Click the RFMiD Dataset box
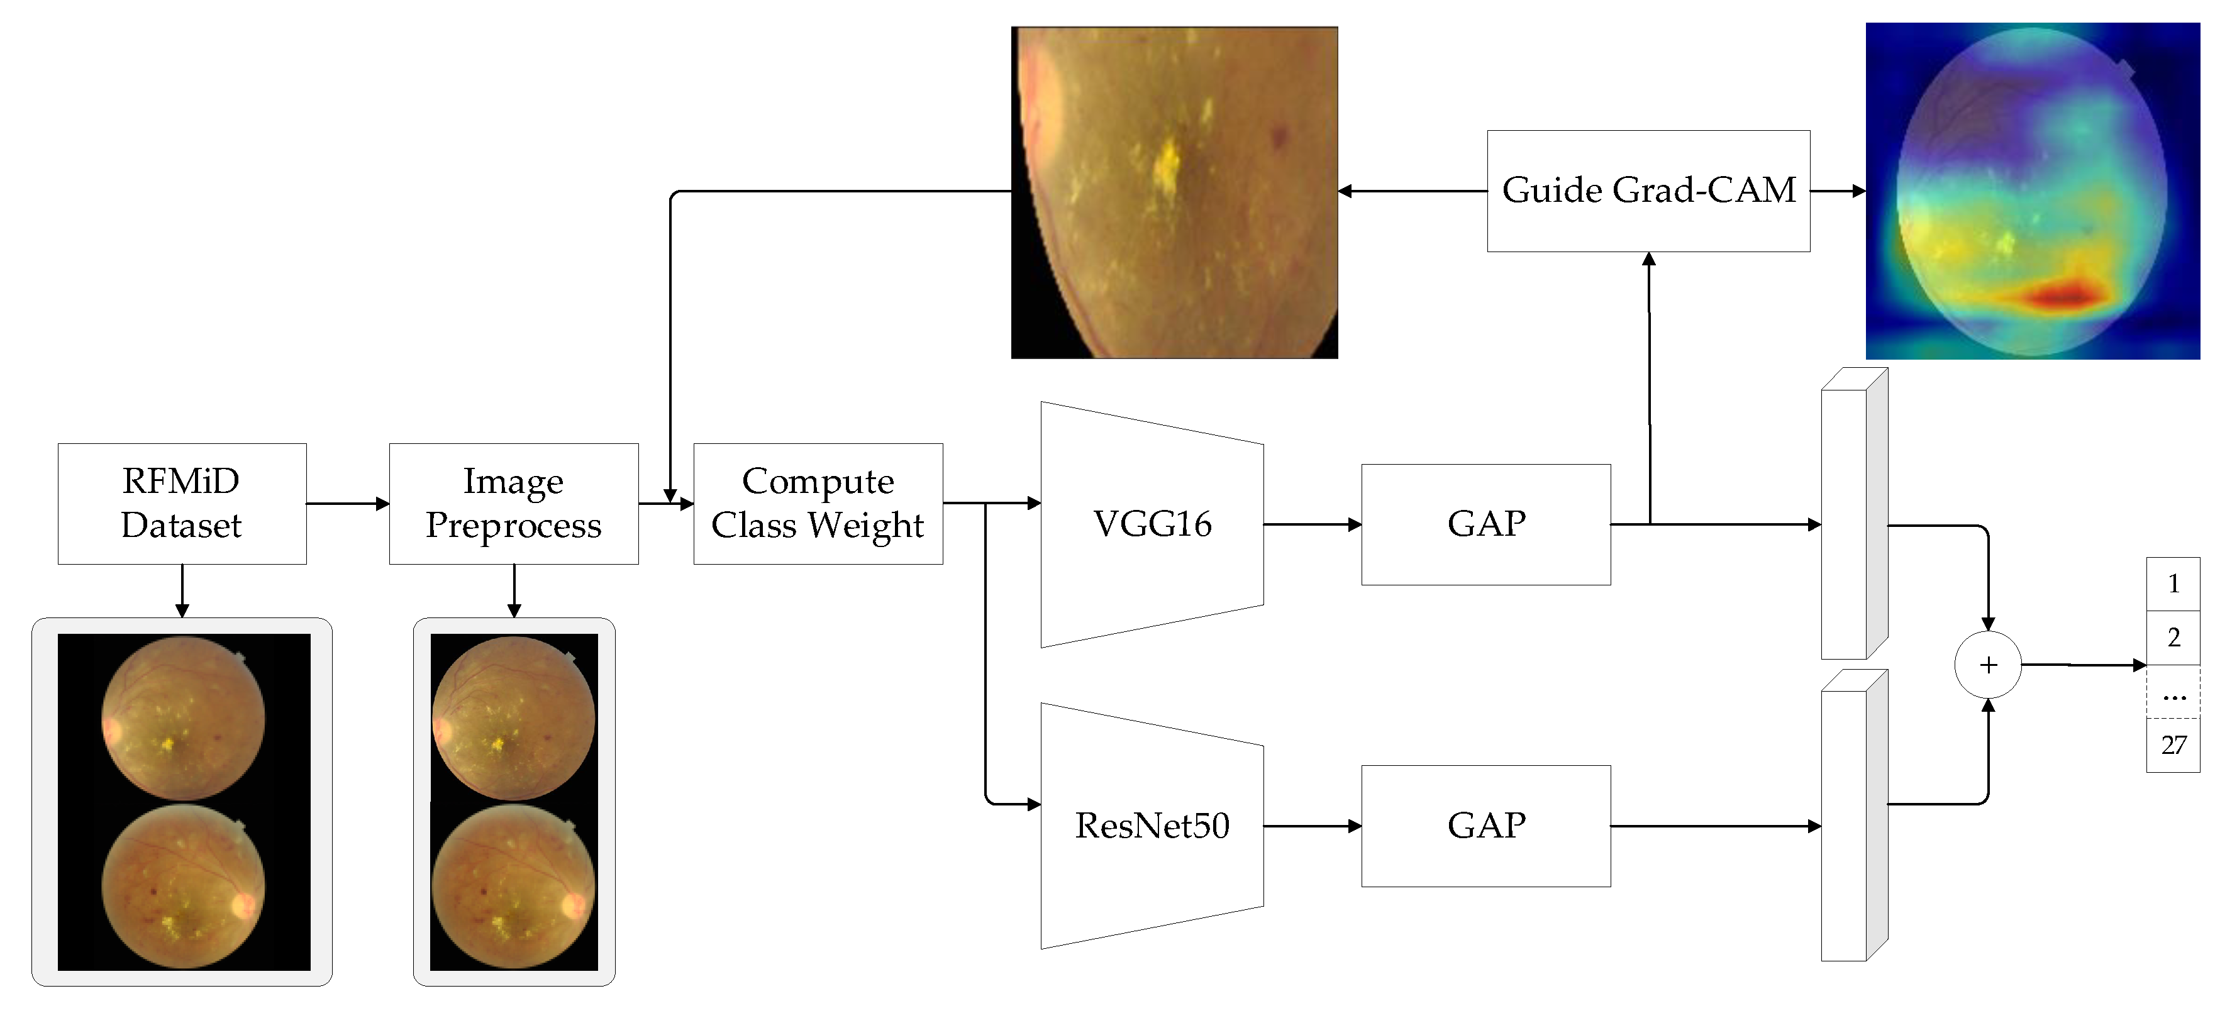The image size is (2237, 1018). [x=182, y=504]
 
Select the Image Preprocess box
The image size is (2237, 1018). [x=513, y=504]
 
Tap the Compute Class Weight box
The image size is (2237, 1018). [x=818, y=504]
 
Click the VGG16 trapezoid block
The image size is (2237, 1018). [x=1152, y=524]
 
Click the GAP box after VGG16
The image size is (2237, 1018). [x=1486, y=524]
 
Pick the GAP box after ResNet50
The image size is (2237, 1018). [x=1486, y=826]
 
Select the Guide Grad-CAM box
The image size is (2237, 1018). [x=1648, y=191]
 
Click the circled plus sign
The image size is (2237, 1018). [x=1988, y=665]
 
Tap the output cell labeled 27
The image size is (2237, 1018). [x=2173, y=745]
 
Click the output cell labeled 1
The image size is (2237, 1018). [x=2173, y=584]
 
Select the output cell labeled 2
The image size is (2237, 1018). [x=2173, y=638]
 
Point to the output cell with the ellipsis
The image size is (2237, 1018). [x=2173, y=692]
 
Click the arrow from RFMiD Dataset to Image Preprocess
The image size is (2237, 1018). [x=347, y=504]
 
